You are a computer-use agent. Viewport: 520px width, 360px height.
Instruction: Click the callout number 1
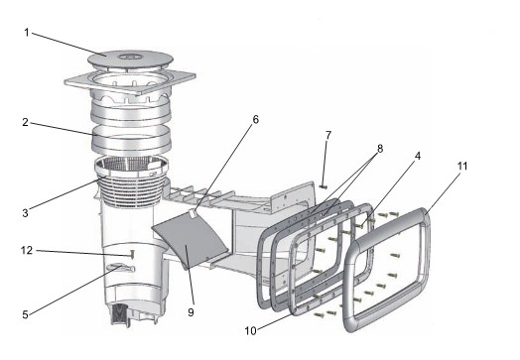pos(27,33)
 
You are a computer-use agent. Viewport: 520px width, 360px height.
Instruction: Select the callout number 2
pos(25,122)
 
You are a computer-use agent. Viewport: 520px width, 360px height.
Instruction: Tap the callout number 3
pos(25,213)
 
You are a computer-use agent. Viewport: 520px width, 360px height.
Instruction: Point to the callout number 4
pos(418,156)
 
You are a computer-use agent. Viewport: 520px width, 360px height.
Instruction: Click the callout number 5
pos(25,314)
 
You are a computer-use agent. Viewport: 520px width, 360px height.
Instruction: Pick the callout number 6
pos(255,120)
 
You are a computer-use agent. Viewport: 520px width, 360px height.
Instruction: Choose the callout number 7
pos(328,135)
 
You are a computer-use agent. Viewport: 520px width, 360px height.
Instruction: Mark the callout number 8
pos(380,149)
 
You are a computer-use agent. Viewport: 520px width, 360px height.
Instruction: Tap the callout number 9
pos(191,312)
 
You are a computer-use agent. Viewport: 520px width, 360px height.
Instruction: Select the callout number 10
pos(251,330)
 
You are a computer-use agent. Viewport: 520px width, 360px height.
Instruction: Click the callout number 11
pos(462,166)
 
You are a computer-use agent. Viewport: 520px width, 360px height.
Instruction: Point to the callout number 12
pos(27,250)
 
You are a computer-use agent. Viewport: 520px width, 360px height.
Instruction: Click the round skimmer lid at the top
pos(130,60)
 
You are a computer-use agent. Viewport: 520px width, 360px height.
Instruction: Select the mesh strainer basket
pos(131,180)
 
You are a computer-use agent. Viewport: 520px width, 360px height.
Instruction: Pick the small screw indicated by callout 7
pos(324,187)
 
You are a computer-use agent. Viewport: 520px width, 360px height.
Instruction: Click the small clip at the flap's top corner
pos(192,213)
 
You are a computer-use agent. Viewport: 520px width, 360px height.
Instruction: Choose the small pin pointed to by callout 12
pos(132,254)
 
